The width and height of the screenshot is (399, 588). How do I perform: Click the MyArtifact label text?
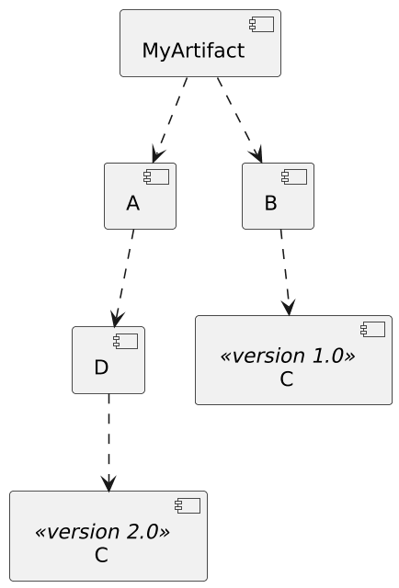pos(193,51)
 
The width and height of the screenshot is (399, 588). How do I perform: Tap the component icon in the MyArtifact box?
pos(262,24)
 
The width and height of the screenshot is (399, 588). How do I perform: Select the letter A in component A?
pos(132,204)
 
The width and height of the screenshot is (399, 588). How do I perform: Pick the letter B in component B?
pos(270,204)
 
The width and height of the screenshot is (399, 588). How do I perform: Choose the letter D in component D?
pos(101,367)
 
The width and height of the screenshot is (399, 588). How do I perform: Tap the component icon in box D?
pos(126,341)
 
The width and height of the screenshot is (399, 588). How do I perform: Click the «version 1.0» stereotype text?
pos(287,356)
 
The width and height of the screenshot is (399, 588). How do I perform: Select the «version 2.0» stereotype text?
pos(101,531)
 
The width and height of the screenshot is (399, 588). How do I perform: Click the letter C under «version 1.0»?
pos(287,379)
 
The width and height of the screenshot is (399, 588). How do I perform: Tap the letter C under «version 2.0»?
pos(101,555)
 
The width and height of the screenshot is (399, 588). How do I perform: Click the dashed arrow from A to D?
pos(124,276)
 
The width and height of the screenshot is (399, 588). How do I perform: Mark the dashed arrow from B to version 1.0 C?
pos(284,271)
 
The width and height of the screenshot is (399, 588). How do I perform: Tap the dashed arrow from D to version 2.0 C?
pos(108,441)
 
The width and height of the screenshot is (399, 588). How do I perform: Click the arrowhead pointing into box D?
pos(116,318)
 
